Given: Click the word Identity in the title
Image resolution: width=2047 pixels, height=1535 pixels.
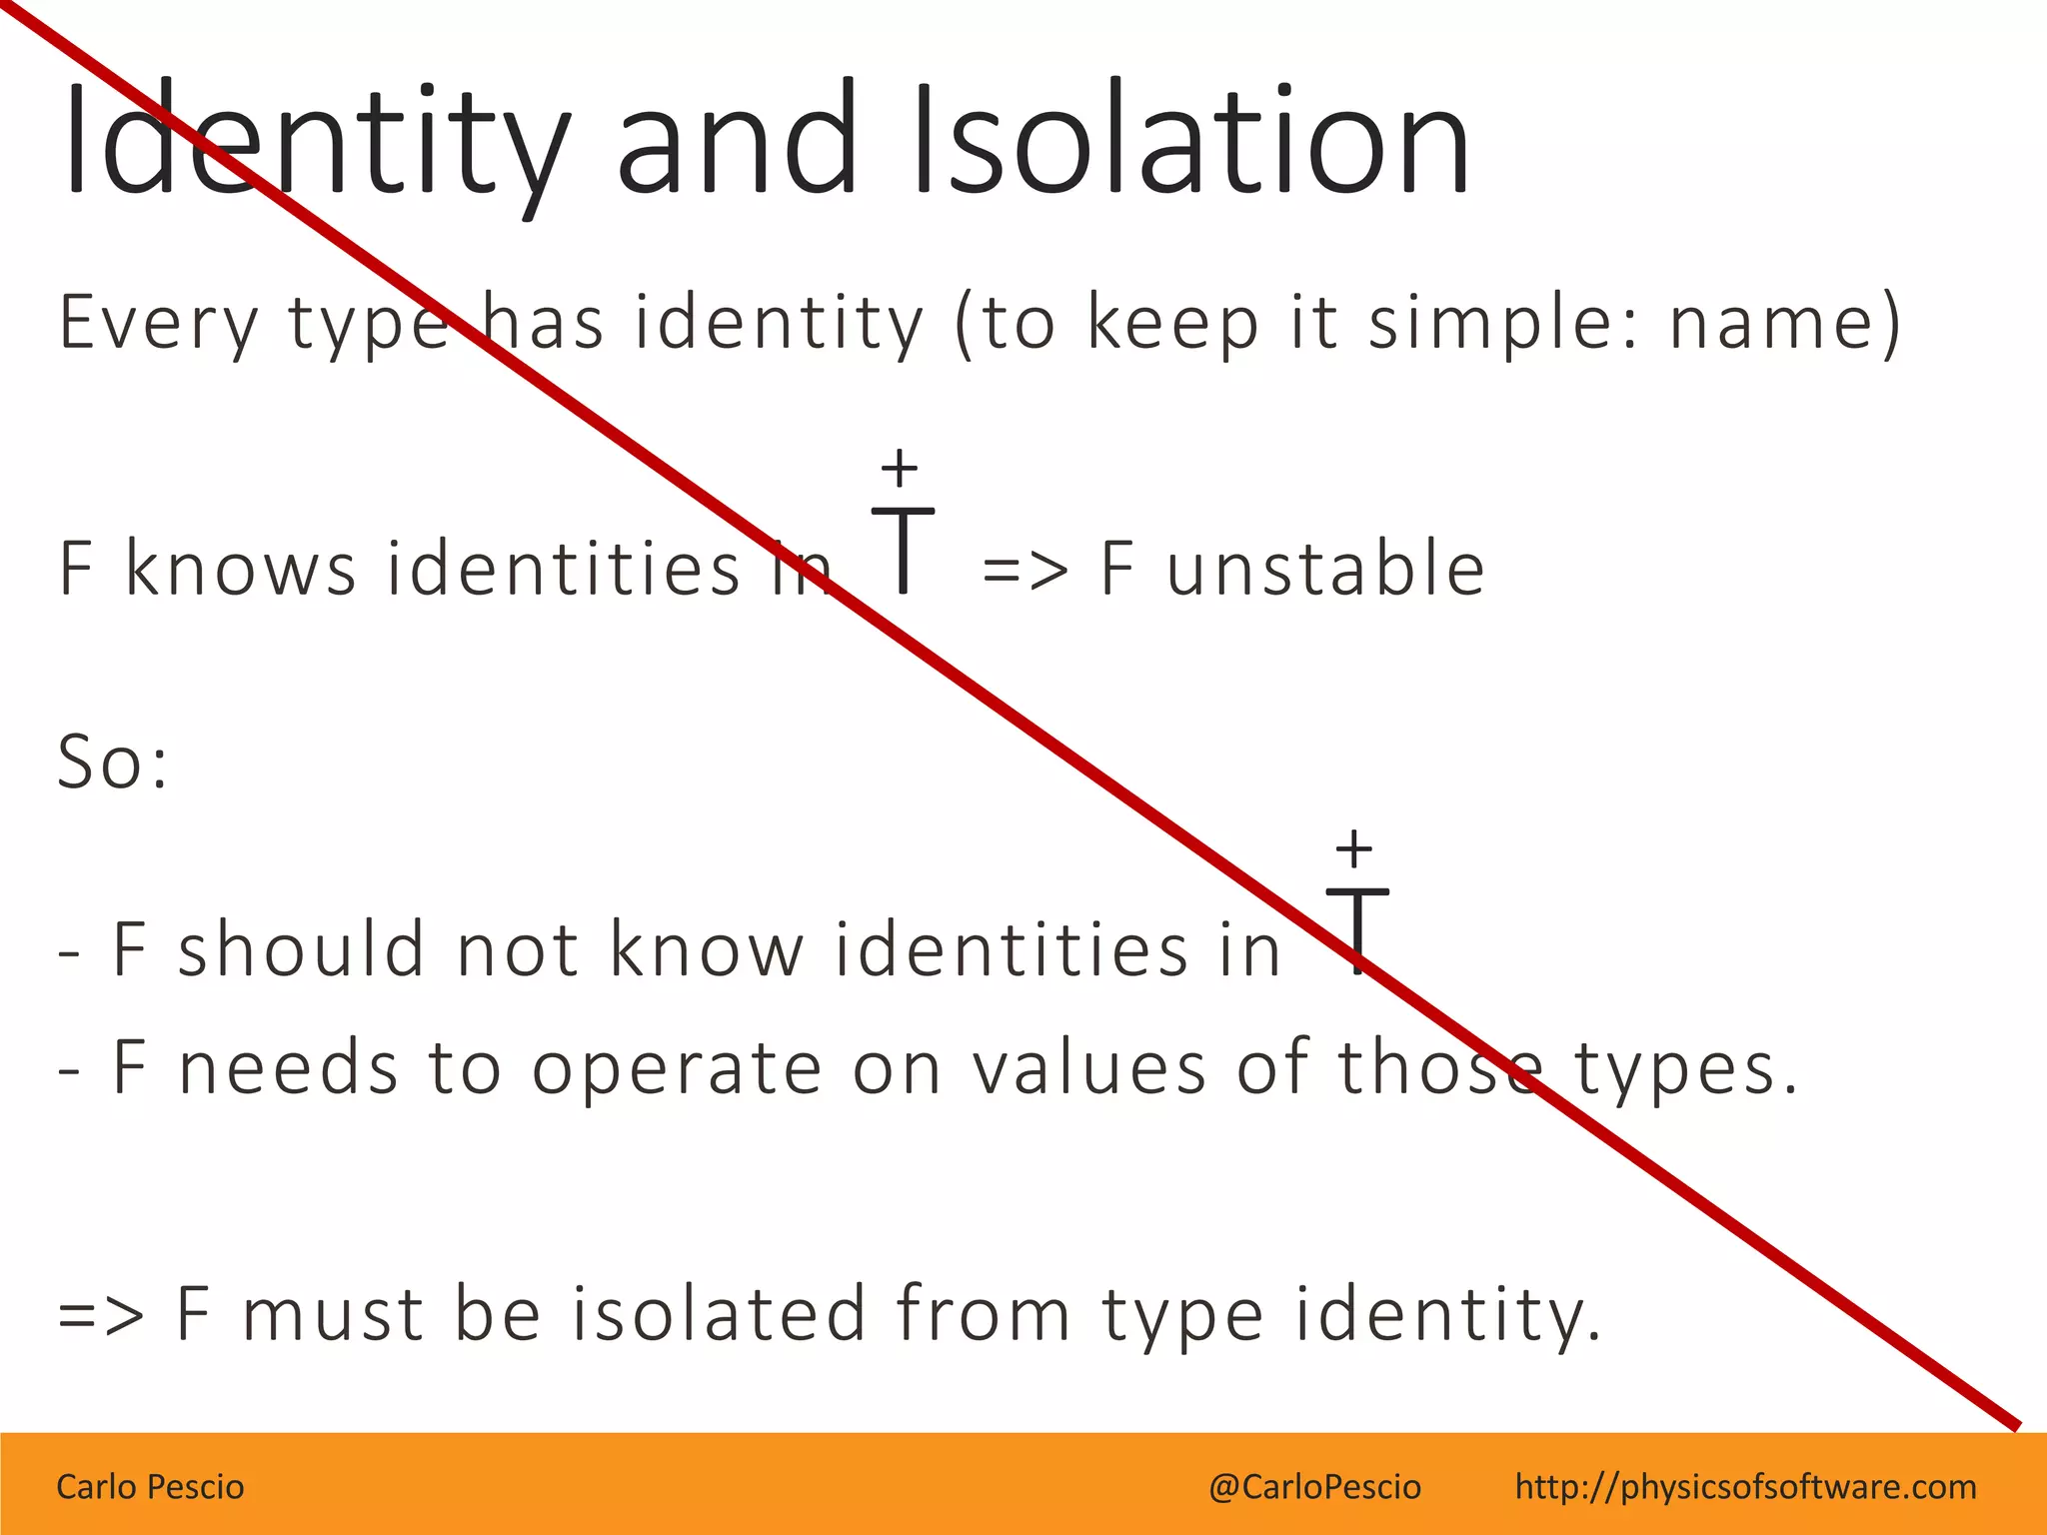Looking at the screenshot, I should [x=316, y=140].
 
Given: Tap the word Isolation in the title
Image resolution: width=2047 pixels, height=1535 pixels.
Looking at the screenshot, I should [x=1189, y=140].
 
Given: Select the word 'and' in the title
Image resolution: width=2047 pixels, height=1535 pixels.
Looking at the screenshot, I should [x=737, y=140].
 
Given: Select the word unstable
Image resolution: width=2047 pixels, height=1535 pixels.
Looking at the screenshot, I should [x=1325, y=568].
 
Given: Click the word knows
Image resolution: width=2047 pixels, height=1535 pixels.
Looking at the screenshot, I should [x=240, y=568].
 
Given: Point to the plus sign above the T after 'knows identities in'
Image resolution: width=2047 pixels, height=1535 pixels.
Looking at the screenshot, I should [x=900, y=467].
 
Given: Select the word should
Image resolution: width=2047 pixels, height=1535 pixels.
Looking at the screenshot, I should [x=301, y=947].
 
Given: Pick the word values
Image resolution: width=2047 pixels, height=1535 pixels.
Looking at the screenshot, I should [x=1089, y=1067].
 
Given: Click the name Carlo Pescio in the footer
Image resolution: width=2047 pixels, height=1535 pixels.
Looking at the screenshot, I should [x=150, y=1487].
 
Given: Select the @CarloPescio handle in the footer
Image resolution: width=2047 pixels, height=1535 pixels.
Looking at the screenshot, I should [x=1314, y=1487].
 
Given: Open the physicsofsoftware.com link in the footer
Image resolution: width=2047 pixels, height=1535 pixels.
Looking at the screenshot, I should [x=1745, y=1487].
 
